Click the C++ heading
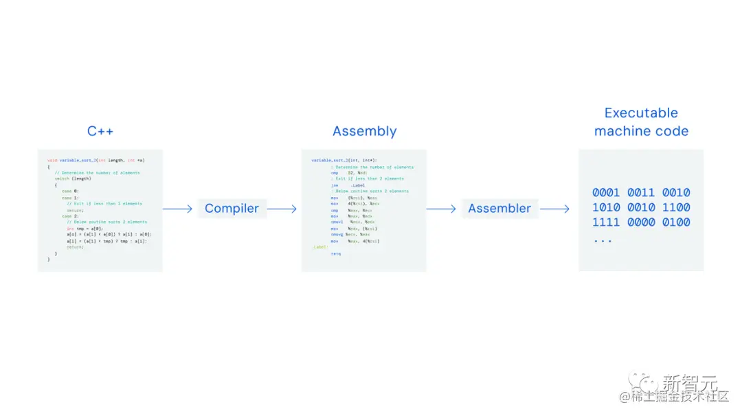click(x=100, y=131)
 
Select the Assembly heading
click(x=364, y=131)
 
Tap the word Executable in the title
click(x=641, y=113)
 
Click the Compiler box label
click(x=232, y=209)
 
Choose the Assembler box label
click(x=499, y=209)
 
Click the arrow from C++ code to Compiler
click(x=178, y=209)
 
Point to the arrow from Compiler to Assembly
click(x=282, y=209)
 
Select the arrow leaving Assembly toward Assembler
click(x=441, y=209)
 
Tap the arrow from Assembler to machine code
click(x=554, y=209)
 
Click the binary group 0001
click(x=606, y=193)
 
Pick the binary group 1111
click(x=606, y=222)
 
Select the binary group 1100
click(x=677, y=207)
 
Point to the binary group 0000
click(x=641, y=222)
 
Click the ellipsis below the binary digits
click(x=602, y=241)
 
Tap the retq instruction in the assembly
click(x=335, y=253)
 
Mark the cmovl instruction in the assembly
click(x=337, y=222)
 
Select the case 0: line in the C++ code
click(x=70, y=191)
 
